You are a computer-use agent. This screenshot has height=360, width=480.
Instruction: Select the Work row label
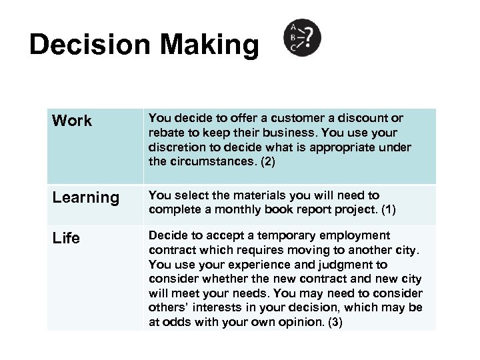(x=72, y=121)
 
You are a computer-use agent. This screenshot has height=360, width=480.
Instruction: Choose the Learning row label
(x=85, y=198)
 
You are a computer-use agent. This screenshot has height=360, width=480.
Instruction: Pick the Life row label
(x=66, y=238)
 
